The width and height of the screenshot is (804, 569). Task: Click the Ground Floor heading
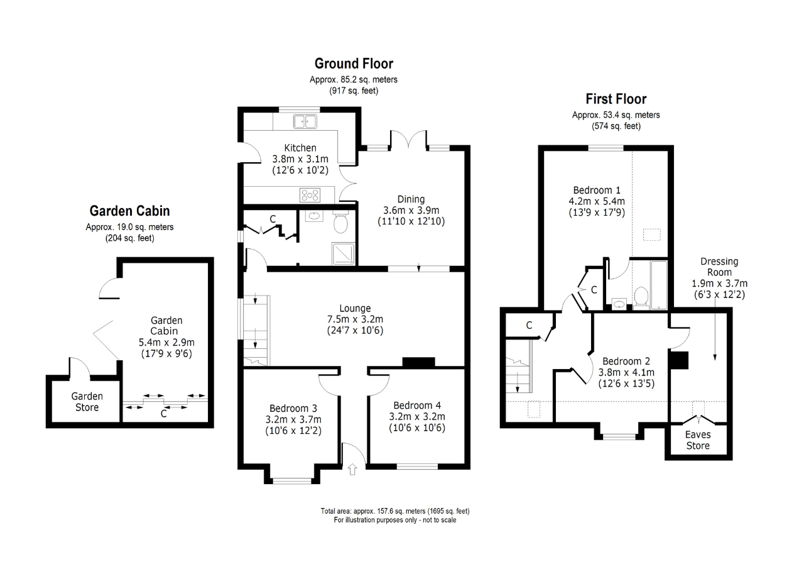354,64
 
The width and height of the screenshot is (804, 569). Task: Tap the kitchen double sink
305,121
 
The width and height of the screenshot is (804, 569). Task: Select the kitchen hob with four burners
310,195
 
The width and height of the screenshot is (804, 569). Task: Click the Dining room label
411,199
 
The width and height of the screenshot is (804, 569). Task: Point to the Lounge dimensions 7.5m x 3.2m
355,319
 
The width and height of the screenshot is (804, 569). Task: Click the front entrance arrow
352,469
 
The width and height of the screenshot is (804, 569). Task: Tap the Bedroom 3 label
293,409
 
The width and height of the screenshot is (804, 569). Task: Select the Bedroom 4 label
417,406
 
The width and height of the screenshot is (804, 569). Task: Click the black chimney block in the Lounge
418,362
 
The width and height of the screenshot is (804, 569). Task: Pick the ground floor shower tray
344,254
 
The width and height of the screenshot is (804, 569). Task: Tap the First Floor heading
616,99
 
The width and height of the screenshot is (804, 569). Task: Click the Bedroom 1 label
597,190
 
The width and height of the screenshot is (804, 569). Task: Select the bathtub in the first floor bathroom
659,285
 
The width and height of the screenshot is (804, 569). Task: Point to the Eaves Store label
698,440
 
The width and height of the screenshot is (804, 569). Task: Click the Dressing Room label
719,267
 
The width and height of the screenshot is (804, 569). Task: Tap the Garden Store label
87,402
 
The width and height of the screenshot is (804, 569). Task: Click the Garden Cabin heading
129,211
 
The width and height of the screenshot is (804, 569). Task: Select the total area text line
395,511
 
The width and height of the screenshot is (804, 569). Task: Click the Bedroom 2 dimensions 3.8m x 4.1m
626,372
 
